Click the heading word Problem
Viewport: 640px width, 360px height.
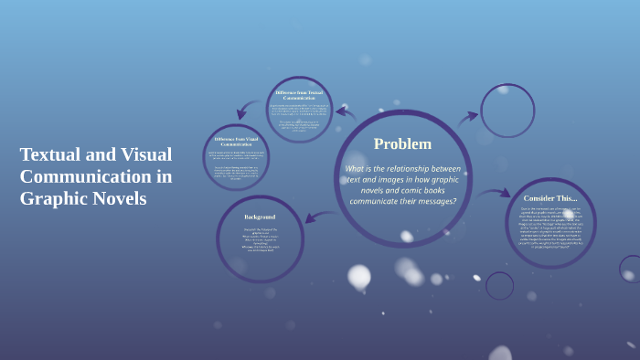point(402,143)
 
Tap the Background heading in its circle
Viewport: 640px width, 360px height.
point(260,217)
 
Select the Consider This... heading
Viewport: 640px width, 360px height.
point(550,198)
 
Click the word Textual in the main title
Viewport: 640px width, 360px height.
point(50,154)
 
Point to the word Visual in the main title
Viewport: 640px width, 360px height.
point(146,154)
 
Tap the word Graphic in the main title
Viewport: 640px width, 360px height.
point(53,198)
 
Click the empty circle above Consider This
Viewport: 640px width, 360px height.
point(507,111)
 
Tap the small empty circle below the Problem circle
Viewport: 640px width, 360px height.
point(499,286)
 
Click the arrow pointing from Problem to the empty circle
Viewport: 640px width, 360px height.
point(468,117)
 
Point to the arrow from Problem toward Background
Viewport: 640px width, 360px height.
point(319,217)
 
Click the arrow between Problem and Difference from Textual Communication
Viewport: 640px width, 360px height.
point(345,113)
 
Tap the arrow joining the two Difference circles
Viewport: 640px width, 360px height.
point(247,111)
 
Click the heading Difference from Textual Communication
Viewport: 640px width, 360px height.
point(299,95)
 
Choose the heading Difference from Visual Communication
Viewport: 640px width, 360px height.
point(236,141)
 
